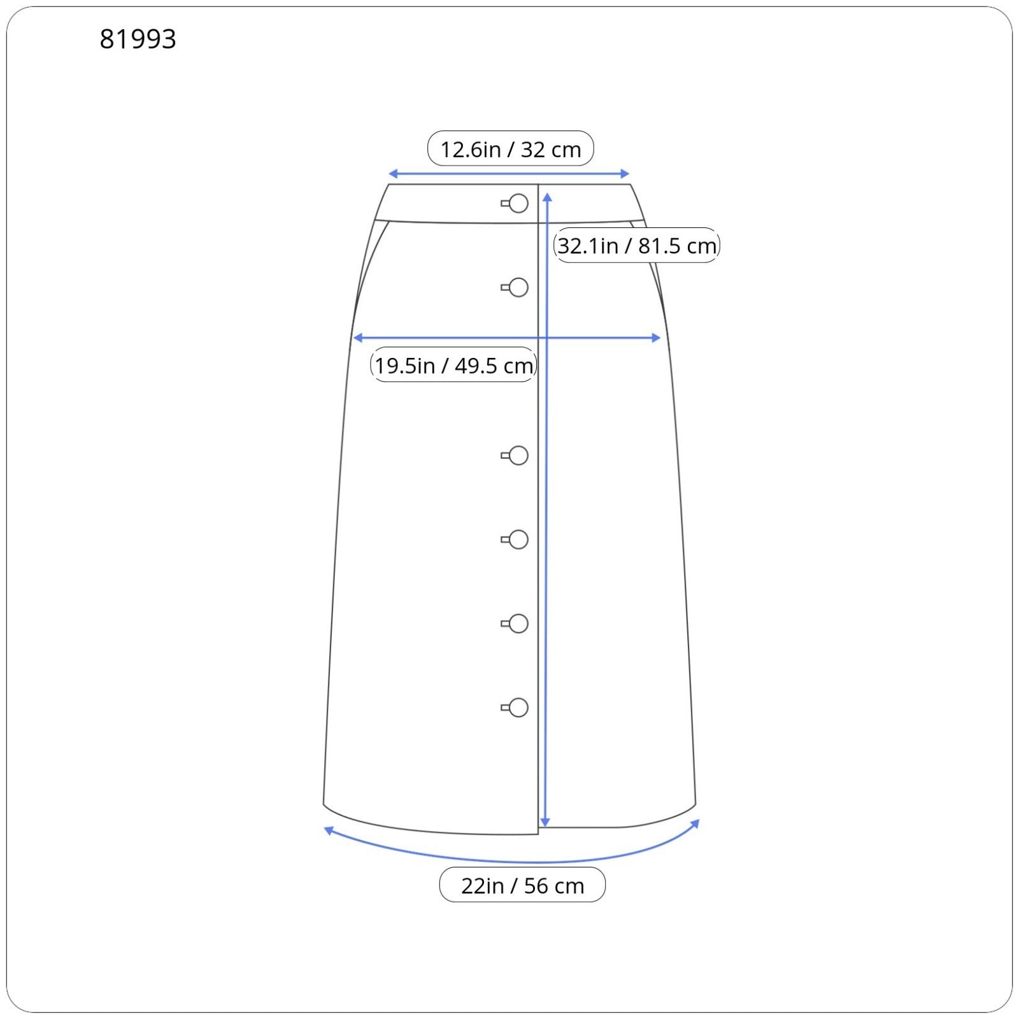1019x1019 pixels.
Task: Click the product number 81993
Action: pyautogui.click(x=138, y=39)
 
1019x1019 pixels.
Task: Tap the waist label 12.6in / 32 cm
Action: pyautogui.click(x=511, y=150)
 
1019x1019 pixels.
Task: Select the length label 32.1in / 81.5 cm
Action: pyautogui.click(x=637, y=245)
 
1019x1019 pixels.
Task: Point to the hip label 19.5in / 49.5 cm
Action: pyautogui.click(x=453, y=366)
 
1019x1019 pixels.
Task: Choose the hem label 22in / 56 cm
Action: pyautogui.click(x=522, y=885)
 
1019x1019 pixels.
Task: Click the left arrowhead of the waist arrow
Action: pyautogui.click(x=393, y=174)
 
